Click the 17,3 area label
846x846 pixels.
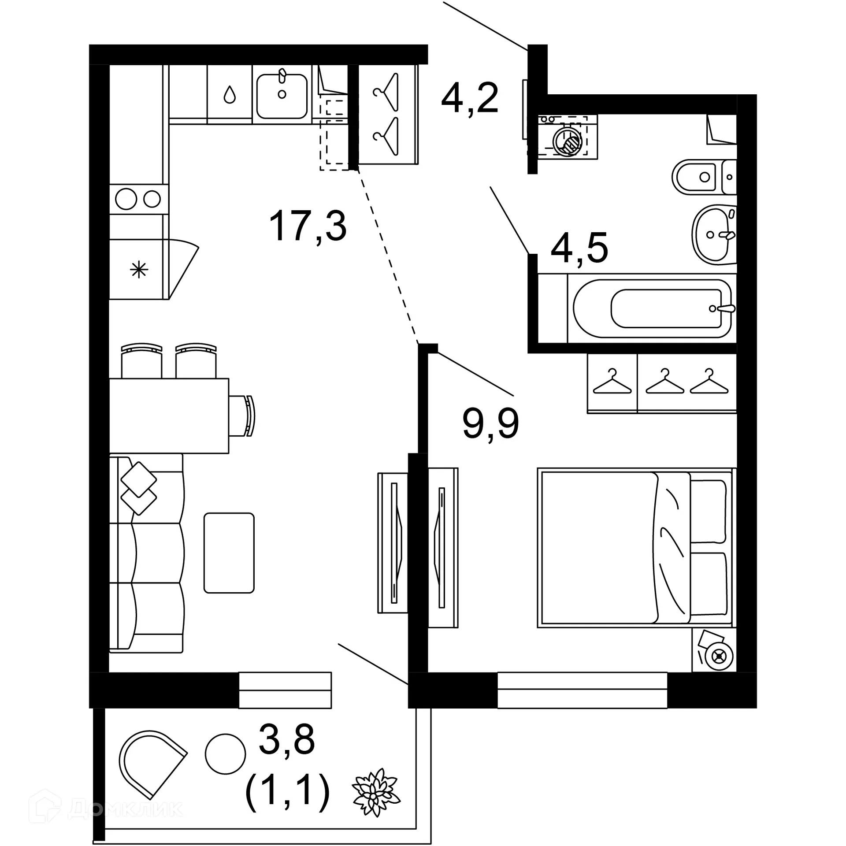coord(308,226)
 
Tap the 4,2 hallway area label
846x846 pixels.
coord(470,98)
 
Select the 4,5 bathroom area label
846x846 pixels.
coord(579,249)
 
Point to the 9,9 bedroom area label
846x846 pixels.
coord(490,423)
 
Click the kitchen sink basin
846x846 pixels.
coord(282,96)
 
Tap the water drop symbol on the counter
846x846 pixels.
coord(229,94)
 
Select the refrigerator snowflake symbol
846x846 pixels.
coord(139,269)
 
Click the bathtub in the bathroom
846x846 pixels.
coord(652,308)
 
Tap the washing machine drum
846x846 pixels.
coord(568,141)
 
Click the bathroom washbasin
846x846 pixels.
coord(714,234)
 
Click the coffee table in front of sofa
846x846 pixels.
coord(229,553)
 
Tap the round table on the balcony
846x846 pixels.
coord(225,753)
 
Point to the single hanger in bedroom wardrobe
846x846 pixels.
coord(612,382)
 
